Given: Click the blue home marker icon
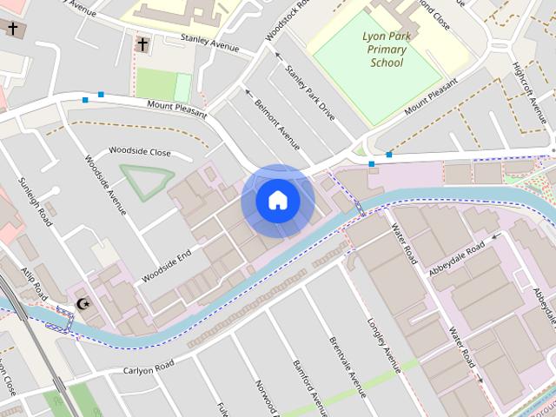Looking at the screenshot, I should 278,201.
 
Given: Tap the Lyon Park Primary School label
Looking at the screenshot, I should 387,50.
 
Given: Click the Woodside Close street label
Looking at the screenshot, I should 139,151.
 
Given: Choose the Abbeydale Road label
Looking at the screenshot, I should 456,259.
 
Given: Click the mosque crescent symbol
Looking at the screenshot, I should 83,304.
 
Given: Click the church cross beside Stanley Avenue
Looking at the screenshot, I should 142,43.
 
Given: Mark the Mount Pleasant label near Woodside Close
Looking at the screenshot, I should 177,109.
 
